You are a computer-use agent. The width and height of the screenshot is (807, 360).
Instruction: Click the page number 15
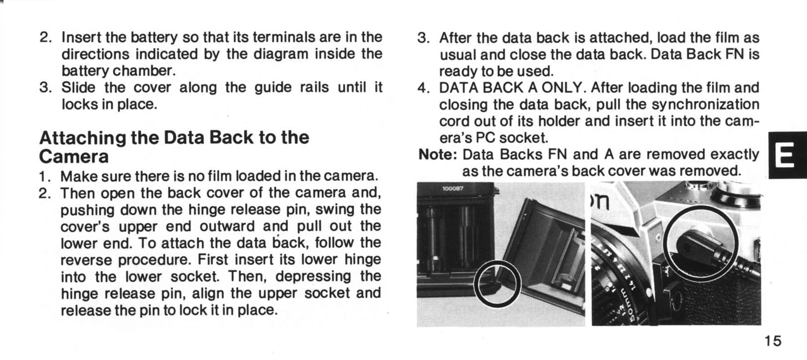point(773,341)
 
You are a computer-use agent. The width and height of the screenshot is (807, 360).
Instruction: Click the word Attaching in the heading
point(83,138)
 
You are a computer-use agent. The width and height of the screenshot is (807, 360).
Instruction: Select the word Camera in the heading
point(74,156)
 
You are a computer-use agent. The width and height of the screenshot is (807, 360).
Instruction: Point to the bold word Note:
point(438,154)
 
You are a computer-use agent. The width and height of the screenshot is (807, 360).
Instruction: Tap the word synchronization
point(705,104)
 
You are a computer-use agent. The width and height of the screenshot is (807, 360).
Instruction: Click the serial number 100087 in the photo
point(453,189)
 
